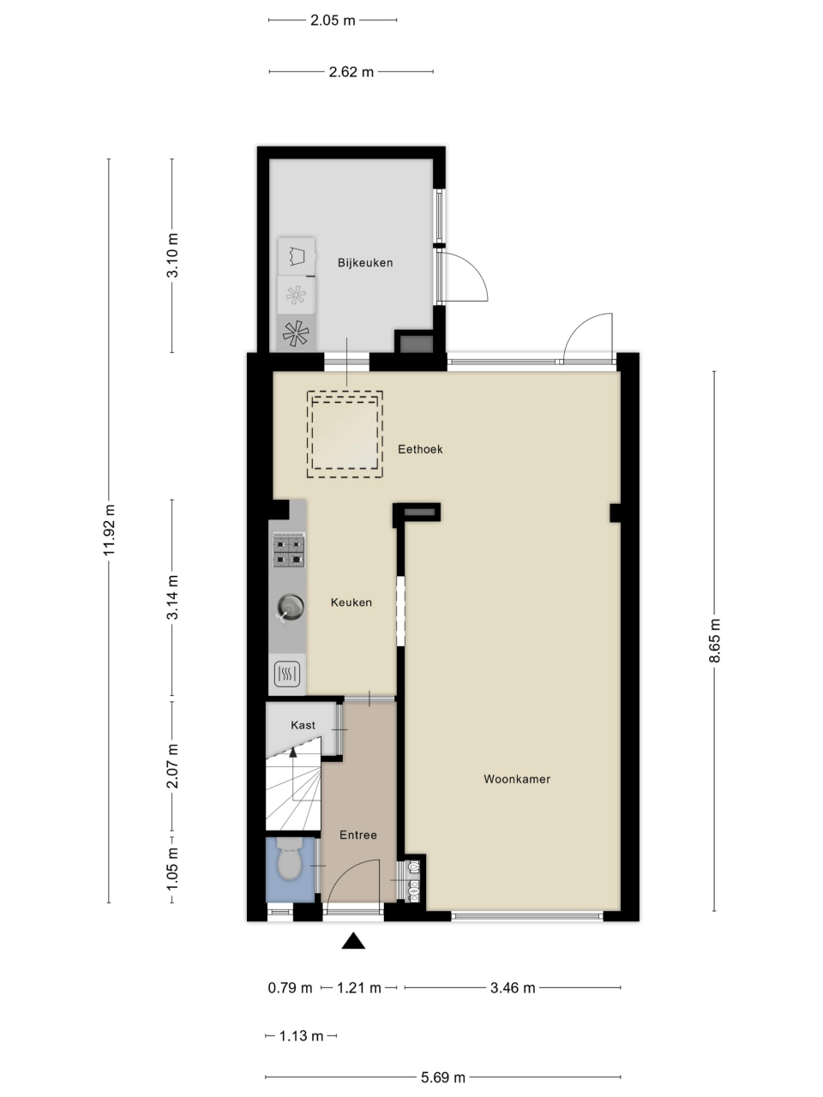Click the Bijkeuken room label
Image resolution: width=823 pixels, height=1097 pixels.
point(365,263)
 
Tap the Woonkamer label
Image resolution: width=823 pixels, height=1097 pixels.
point(517,779)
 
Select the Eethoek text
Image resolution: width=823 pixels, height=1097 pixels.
point(420,449)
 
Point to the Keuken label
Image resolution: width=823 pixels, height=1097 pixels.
point(351,602)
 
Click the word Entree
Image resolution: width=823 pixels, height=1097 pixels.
point(357,835)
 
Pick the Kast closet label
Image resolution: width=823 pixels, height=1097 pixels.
point(303,725)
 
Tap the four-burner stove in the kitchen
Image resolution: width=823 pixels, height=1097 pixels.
point(289,549)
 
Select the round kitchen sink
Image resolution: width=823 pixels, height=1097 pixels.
point(291,608)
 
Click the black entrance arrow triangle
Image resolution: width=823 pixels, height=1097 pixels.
point(353,940)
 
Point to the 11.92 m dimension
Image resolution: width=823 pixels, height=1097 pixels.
point(109,530)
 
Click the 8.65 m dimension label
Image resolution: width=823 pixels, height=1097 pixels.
point(715,641)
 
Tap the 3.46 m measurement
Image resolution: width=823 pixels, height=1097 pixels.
point(513,988)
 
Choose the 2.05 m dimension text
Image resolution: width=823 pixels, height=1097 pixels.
point(333,21)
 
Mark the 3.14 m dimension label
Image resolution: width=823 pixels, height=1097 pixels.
point(172,597)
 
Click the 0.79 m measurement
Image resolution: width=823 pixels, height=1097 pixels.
point(290,988)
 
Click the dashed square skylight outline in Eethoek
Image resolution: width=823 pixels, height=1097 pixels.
point(345,392)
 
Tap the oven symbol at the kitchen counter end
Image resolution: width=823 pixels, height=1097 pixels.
point(287,673)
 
